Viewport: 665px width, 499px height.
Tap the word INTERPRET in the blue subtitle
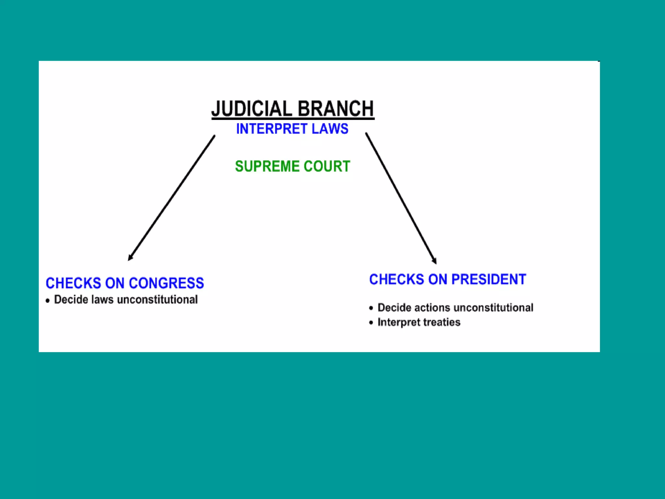click(x=271, y=129)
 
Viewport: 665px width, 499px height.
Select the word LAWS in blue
click(x=330, y=129)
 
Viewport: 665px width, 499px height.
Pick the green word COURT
click(x=327, y=166)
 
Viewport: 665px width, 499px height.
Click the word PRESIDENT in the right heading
click(x=488, y=279)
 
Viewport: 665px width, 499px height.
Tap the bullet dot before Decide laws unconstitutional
click(x=48, y=301)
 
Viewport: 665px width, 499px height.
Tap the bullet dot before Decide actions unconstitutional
click(x=371, y=308)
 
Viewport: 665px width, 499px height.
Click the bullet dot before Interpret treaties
click(x=371, y=323)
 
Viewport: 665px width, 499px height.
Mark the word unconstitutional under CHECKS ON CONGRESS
click(x=157, y=300)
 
